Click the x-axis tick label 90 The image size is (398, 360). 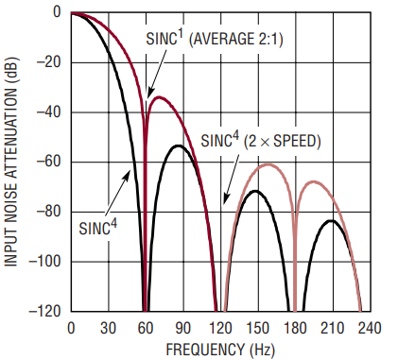(x=182, y=328)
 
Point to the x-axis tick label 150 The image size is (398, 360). (x=257, y=328)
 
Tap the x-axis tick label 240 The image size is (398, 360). (x=370, y=328)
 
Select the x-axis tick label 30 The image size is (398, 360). (x=108, y=328)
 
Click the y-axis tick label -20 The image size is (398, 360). (x=49, y=62)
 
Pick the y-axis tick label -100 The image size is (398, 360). (x=44, y=262)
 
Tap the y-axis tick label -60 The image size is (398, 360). (x=49, y=162)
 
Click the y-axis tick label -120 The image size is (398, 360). (x=44, y=311)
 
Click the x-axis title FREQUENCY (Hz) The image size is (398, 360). (x=220, y=350)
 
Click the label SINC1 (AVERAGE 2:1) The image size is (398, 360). (x=215, y=39)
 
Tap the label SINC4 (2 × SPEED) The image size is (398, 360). (x=261, y=140)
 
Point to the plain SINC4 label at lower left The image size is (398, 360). (x=97, y=227)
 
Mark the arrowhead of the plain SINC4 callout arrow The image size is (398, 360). (x=128, y=174)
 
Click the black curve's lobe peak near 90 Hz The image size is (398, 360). (x=179, y=146)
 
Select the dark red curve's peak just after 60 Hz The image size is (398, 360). (x=159, y=97)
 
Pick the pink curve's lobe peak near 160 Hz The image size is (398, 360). (x=268, y=164)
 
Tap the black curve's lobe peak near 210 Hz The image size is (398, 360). (x=331, y=221)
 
